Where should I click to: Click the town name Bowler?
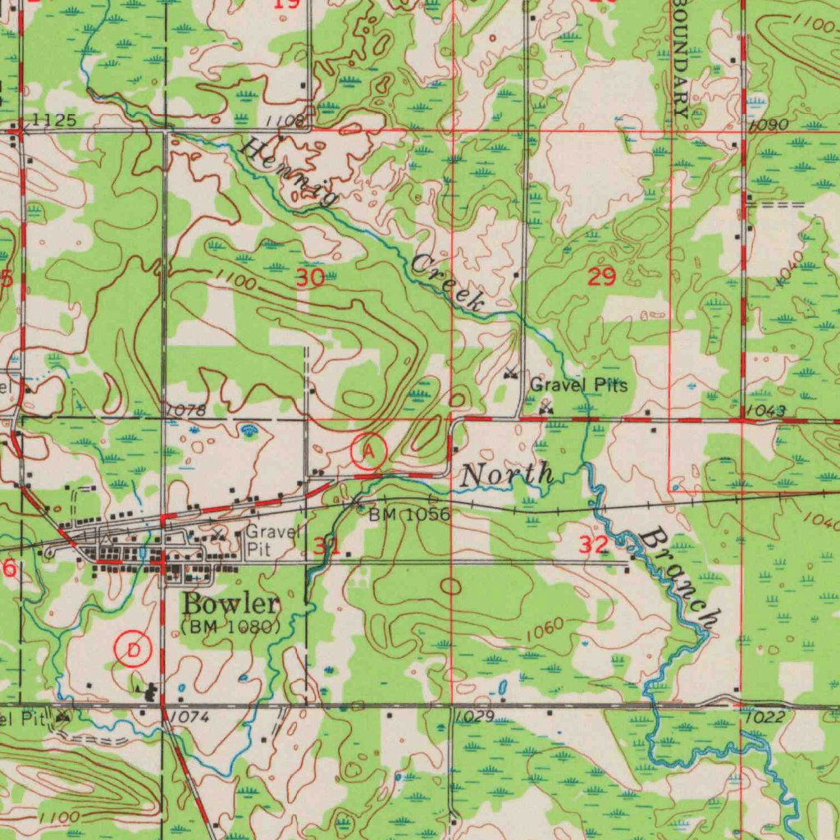231,605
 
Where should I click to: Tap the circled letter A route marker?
369,450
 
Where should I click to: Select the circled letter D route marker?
134,651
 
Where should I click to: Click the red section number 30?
310,277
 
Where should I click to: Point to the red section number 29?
602,276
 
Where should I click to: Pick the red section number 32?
593,544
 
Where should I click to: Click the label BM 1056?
409,514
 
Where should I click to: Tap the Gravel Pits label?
578,385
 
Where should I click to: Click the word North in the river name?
507,474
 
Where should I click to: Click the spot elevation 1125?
55,121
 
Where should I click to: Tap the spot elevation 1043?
767,410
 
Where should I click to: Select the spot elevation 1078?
185,409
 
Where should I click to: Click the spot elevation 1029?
473,716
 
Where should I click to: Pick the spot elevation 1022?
767,718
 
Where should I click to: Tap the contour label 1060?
545,628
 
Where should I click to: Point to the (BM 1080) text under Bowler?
230,627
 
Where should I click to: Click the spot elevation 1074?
190,717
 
